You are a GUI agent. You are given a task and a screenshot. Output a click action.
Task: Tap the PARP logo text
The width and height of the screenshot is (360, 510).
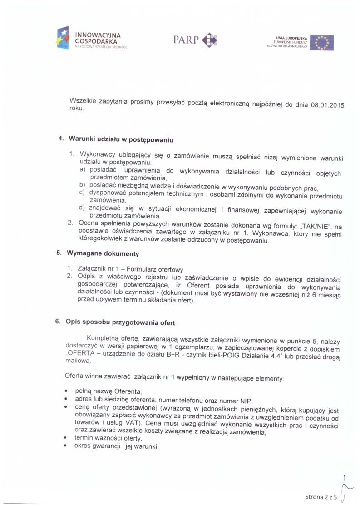(x=186, y=40)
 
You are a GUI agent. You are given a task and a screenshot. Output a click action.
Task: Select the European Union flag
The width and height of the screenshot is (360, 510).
(x=322, y=42)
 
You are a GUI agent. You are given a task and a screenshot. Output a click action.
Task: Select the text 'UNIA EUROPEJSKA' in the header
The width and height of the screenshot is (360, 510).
(x=291, y=38)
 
